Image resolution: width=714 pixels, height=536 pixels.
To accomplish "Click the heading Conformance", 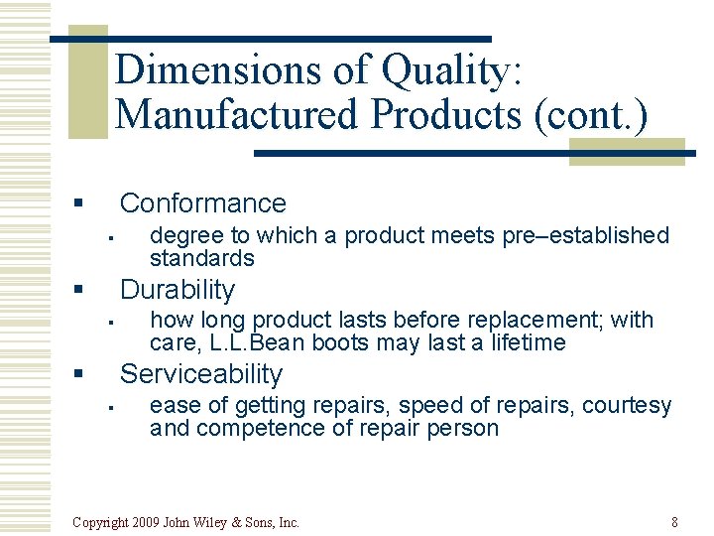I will (x=202, y=203).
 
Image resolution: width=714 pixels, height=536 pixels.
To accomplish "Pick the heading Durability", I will (x=178, y=290).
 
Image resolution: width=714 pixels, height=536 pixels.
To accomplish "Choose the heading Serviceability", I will (x=201, y=374).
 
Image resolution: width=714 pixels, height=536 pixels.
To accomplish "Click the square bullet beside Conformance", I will (x=76, y=204).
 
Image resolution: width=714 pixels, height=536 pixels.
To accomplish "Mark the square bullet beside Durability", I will (x=76, y=291).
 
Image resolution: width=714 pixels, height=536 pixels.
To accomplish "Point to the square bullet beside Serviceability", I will (x=76, y=375).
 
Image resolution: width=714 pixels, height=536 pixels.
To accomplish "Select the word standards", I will (x=202, y=258).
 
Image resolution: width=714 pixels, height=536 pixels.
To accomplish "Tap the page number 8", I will (x=674, y=522).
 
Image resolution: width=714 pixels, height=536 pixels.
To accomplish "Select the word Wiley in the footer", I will (x=219, y=522).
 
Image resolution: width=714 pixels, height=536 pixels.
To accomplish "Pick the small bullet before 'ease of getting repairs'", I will (x=113, y=406).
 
